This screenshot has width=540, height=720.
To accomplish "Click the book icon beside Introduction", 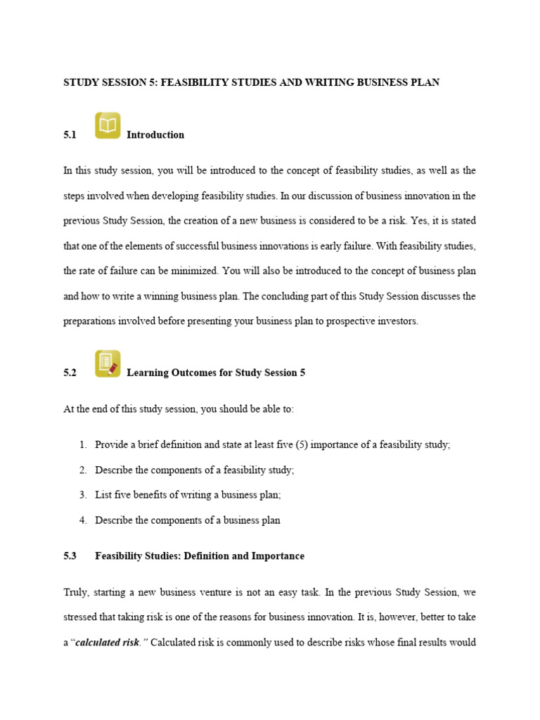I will pos(108,126).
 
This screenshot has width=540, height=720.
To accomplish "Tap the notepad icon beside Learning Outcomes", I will pos(108,364).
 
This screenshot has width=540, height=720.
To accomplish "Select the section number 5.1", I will pos(70,135).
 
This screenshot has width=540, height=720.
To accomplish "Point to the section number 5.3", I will pos(70,556).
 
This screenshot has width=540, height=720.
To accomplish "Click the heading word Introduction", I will pos(155,135).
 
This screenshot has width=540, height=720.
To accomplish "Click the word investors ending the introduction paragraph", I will pos(397,321).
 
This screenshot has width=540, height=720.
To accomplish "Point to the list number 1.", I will pos(83,445).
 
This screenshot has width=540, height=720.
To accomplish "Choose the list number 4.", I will pos(83,520).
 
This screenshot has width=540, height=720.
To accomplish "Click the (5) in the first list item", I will pos(299,445).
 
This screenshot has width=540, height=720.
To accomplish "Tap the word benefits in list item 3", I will pos(153,495).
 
